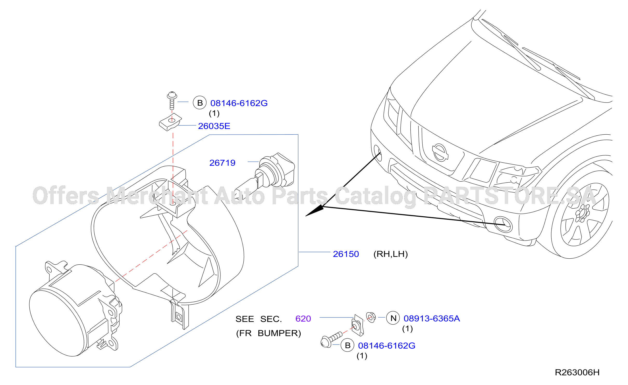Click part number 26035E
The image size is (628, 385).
tap(214, 126)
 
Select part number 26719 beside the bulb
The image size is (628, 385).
tap(222, 163)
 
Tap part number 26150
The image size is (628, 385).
tap(346, 254)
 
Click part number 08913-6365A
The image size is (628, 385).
tap(432, 318)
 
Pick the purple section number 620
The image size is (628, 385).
tap(303, 319)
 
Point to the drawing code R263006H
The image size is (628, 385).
tap(577, 373)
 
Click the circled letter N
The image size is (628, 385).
tap(393, 318)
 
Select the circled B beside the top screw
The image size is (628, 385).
tap(200, 103)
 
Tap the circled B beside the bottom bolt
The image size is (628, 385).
tap(347, 345)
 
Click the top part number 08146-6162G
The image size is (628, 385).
tap(239, 103)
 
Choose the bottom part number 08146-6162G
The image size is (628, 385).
tap(387, 346)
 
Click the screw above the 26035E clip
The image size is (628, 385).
tap(172, 100)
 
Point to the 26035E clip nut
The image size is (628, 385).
tap(170, 122)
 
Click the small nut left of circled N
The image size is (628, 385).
tap(371, 317)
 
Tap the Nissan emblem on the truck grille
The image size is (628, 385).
tap(440, 153)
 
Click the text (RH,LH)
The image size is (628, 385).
tap(391, 254)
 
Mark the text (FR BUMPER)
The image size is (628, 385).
tap(268, 333)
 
